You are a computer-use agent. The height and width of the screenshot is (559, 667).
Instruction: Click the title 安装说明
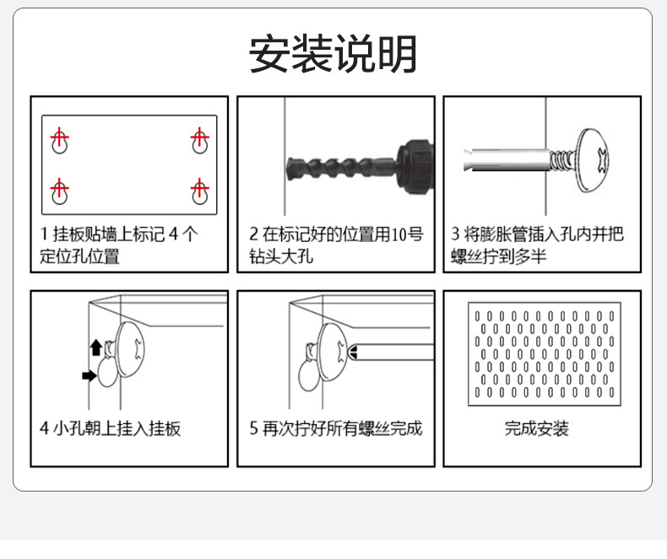(x=333, y=55)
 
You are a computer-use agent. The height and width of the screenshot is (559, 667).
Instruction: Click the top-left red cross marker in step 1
(x=59, y=137)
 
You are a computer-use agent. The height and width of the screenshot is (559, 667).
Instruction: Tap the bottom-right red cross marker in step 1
(x=199, y=187)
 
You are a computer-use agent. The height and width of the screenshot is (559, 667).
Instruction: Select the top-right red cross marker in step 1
(x=199, y=137)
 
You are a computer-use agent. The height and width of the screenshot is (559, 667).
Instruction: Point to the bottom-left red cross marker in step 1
(x=59, y=187)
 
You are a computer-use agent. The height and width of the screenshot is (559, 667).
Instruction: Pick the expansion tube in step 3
(x=507, y=158)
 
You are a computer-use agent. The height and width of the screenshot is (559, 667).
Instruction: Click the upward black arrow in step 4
(x=96, y=345)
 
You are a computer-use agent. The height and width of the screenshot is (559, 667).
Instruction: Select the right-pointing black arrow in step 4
(x=89, y=375)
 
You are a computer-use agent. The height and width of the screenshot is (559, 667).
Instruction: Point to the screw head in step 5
(x=334, y=350)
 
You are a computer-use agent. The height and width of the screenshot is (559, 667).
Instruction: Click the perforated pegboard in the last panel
(x=544, y=353)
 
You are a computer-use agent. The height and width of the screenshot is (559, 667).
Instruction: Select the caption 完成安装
(x=537, y=428)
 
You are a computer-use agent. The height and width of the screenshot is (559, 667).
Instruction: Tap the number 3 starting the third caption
(x=456, y=234)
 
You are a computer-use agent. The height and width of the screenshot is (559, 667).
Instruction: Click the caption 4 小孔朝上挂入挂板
(x=110, y=428)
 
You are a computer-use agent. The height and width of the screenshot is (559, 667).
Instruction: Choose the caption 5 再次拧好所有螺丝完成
(x=335, y=428)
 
